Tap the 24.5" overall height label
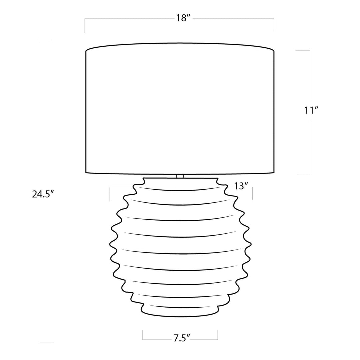[x=43, y=195]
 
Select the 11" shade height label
[x=311, y=110]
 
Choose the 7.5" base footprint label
[x=182, y=339]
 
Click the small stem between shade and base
[x=180, y=176]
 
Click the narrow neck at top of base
[x=180, y=181]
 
